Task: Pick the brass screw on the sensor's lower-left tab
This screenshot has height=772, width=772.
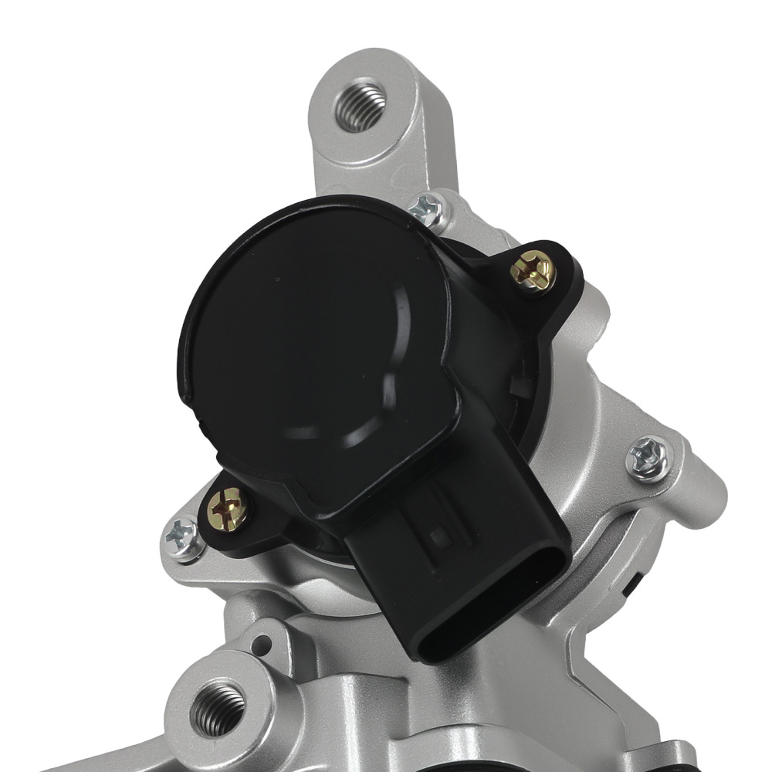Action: click(229, 510)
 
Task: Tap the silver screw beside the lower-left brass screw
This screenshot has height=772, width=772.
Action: click(182, 535)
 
